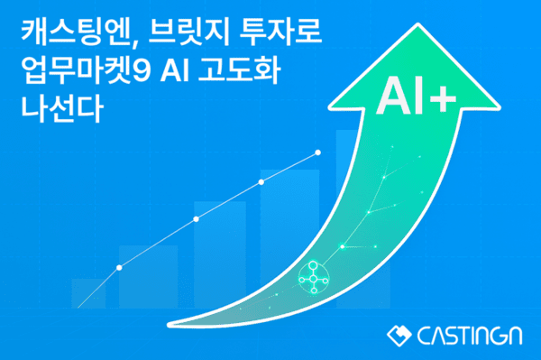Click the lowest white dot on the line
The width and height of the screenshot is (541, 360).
click(119, 267)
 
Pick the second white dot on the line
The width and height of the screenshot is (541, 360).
click(196, 219)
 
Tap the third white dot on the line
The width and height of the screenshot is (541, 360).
click(261, 182)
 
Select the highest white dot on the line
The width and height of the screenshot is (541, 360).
click(317, 152)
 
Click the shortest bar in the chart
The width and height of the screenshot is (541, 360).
click(88, 293)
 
